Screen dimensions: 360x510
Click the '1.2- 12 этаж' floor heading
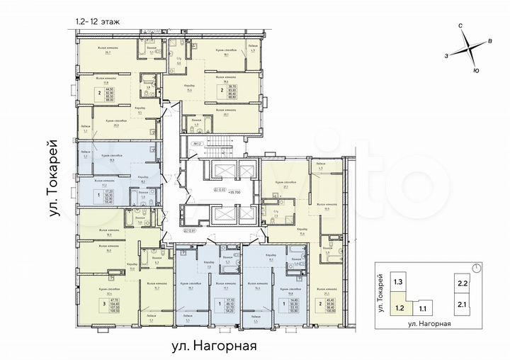[x=97, y=23]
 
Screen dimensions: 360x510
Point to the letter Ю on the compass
[x=476, y=70]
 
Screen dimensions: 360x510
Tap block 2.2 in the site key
[x=463, y=283]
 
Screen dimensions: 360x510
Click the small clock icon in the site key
[x=478, y=267]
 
